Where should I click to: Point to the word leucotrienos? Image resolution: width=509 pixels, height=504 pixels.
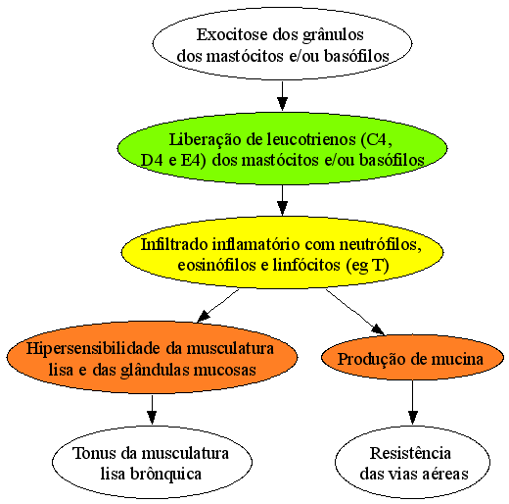[311, 139]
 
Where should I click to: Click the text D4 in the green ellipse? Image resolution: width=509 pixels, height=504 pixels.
[152, 160]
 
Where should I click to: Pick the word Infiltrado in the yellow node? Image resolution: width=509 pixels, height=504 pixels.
[174, 244]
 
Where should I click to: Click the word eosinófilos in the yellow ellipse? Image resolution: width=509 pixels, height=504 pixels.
[216, 265]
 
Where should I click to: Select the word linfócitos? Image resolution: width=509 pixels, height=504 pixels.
[306, 265]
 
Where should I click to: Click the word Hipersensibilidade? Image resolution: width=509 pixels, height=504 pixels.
[93, 349]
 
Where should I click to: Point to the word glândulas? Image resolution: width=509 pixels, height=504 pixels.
[155, 371]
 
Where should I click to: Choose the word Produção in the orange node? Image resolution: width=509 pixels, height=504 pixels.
[370, 360]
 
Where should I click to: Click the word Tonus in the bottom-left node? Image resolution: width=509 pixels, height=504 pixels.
[95, 453]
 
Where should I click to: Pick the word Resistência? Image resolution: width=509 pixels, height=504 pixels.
[410, 453]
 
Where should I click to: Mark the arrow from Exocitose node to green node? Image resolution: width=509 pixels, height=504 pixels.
[282, 96]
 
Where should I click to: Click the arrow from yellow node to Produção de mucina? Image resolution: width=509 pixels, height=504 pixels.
[355, 312]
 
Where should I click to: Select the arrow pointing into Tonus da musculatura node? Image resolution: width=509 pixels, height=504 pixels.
[152, 410]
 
